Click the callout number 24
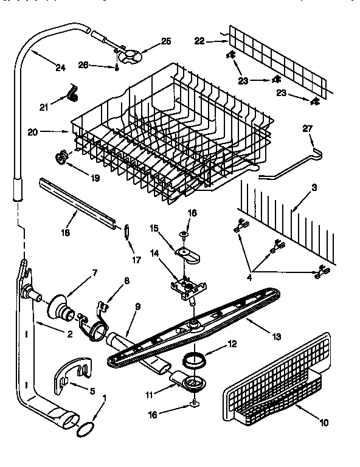tap(59, 67)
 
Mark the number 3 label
tap(314, 188)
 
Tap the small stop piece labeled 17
tap(126, 232)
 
